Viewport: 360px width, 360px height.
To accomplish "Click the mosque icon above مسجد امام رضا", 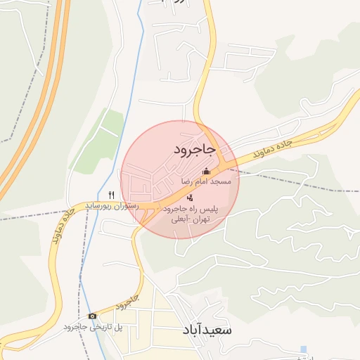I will click(x=206, y=171).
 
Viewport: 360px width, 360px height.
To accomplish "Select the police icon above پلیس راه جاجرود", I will click(x=190, y=198).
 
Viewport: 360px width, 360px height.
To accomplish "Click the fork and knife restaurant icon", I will click(x=110, y=194).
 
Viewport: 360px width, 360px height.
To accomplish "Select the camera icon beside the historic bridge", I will click(x=92, y=316).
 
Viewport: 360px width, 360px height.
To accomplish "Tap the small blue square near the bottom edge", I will click(x=303, y=349).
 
